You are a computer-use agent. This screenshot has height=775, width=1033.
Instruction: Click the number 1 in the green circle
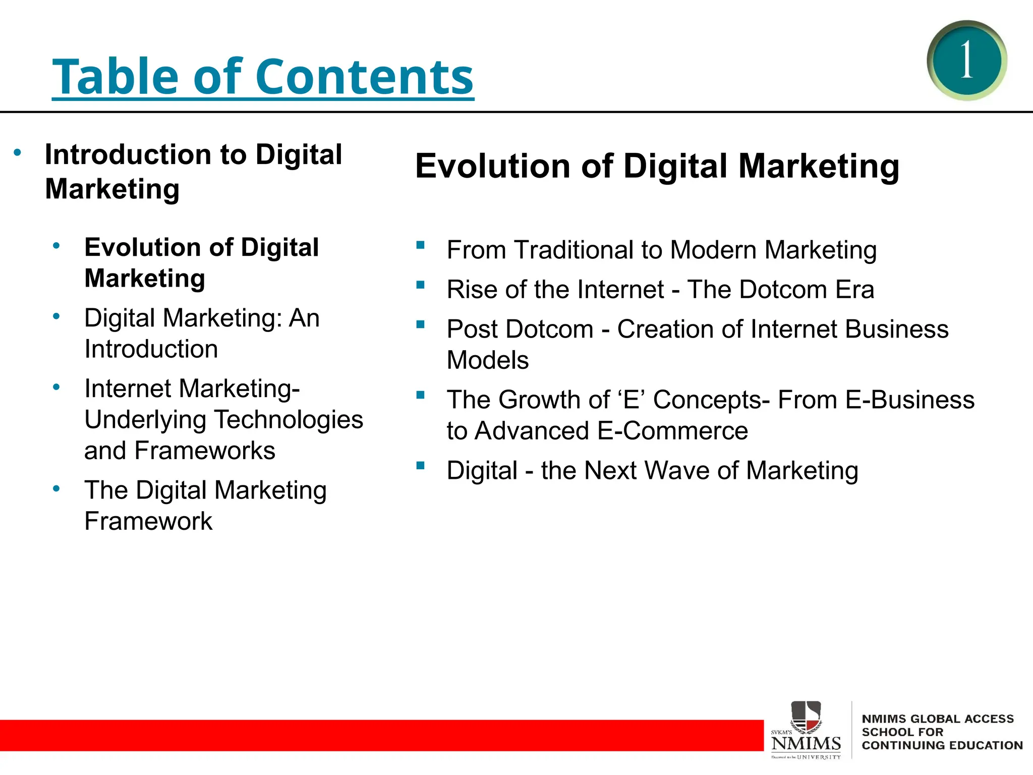click(966, 60)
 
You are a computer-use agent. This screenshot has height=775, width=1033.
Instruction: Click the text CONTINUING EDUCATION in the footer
click(942, 745)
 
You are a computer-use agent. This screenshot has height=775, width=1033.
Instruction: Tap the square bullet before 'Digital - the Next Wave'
click(420, 465)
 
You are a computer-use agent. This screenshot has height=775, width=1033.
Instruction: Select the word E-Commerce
click(672, 431)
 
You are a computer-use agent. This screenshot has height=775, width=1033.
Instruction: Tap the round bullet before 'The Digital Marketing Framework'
click(56, 488)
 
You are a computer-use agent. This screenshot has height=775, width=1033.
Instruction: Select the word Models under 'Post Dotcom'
click(488, 360)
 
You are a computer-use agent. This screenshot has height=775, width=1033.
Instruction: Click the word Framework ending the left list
click(148, 521)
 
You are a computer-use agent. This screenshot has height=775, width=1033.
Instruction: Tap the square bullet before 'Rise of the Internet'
click(420, 285)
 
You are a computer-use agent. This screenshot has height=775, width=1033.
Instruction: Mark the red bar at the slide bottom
click(378, 735)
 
